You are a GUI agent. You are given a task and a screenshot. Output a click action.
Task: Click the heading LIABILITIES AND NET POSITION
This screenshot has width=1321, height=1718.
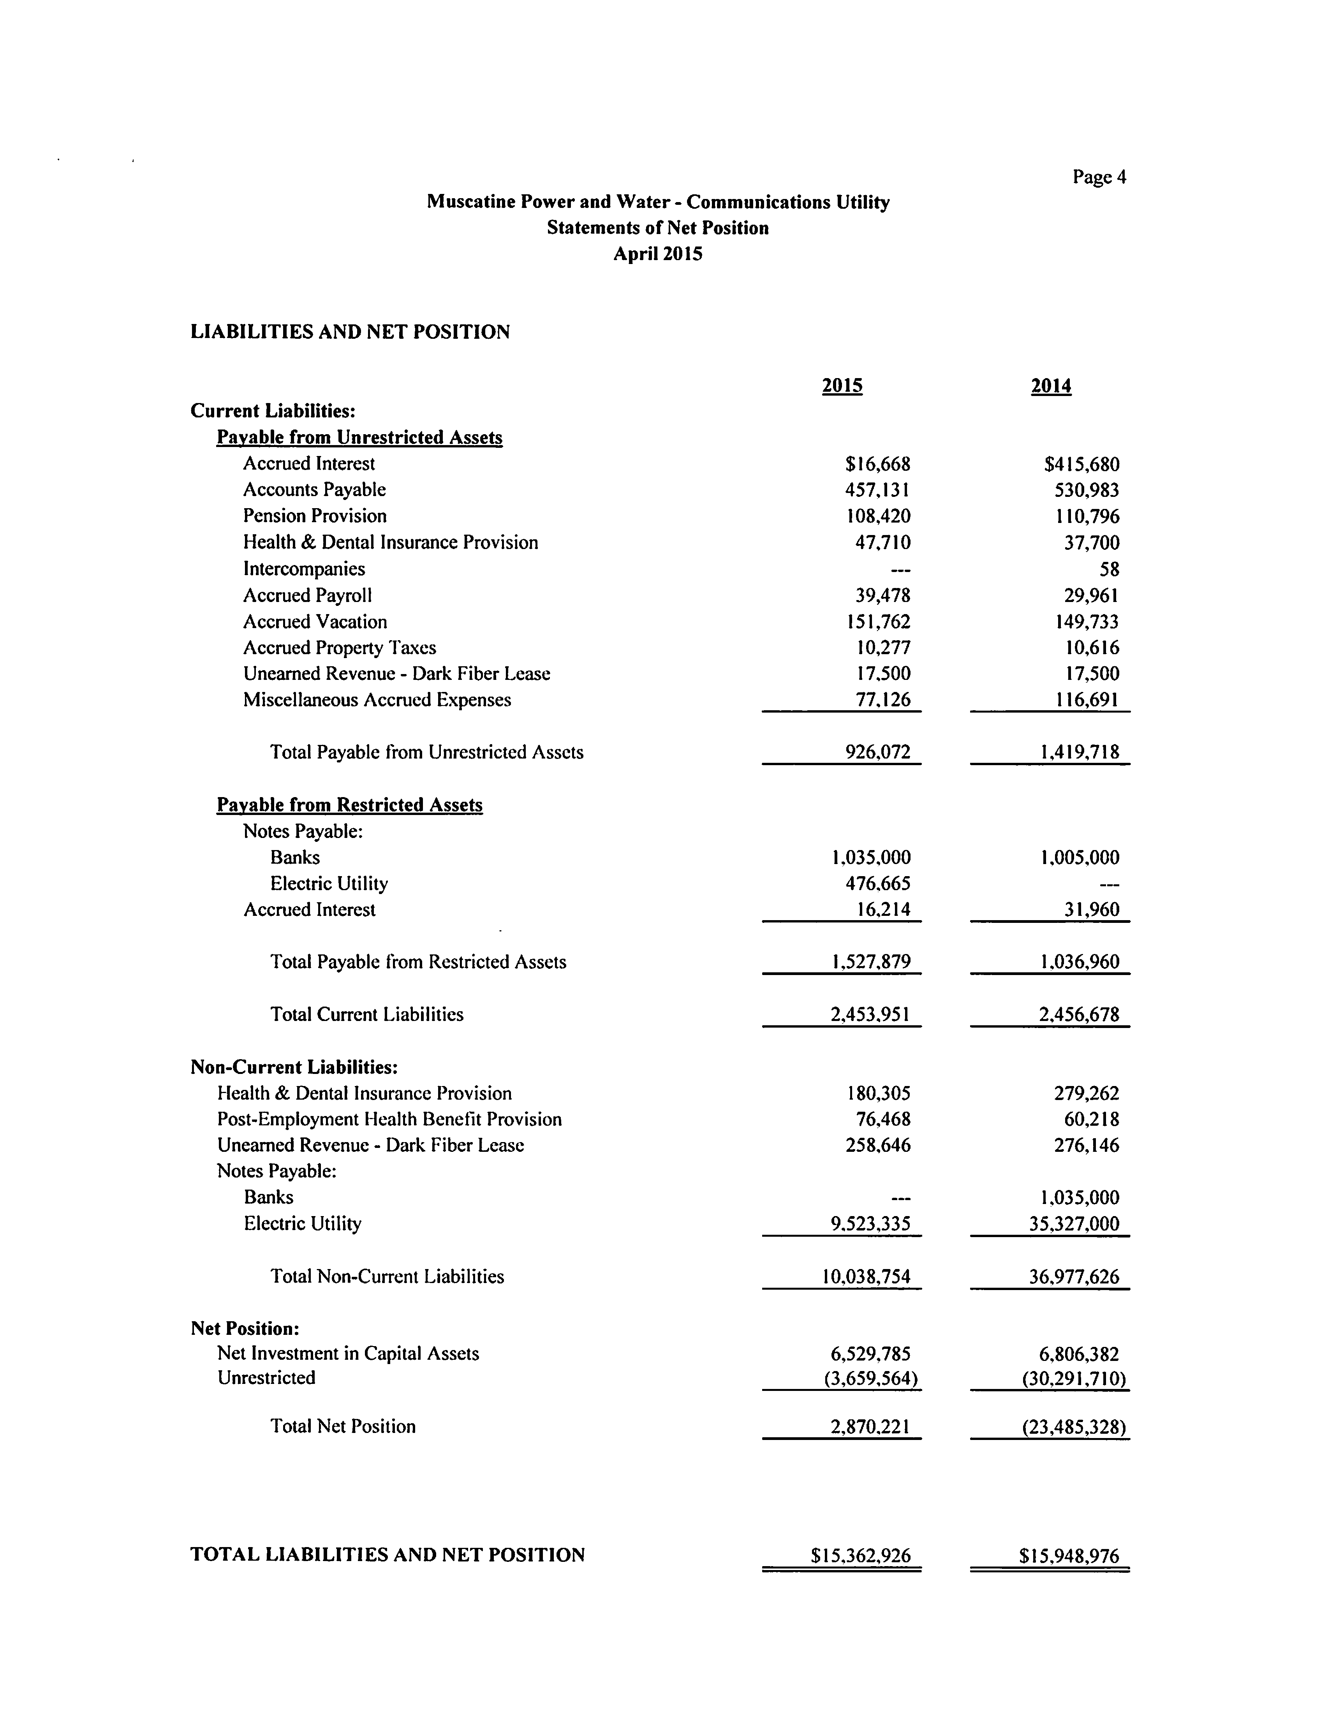[x=350, y=332]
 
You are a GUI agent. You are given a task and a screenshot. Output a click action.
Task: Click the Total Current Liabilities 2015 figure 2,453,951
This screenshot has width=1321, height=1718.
[x=870, y=1014]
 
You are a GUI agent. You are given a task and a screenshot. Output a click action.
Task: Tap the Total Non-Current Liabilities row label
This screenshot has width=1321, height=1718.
[x=387, y=1276]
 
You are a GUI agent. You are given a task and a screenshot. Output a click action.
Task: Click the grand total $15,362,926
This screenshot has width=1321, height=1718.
[x=860, y=1555]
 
